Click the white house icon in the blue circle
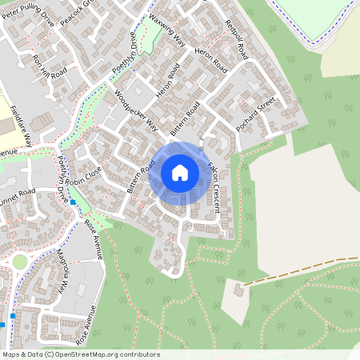click(180, 172)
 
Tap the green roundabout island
click(18, 262)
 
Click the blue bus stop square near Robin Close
click(73, 202)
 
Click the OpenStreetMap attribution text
click(81, 354)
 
